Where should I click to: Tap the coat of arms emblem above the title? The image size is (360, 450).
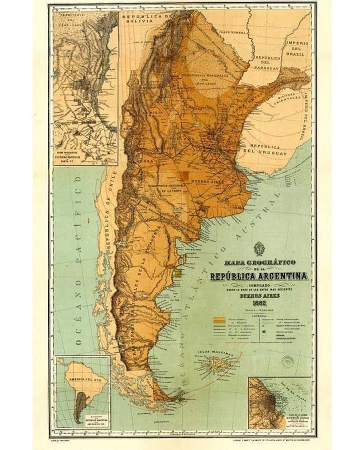[259, 248]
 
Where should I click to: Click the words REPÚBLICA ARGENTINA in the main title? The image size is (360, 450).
[259, 276]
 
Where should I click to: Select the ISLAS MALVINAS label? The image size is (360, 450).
[216, 353]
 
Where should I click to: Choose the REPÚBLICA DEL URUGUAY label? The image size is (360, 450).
[265, 150]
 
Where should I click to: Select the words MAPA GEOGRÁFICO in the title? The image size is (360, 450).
[259, 262]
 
